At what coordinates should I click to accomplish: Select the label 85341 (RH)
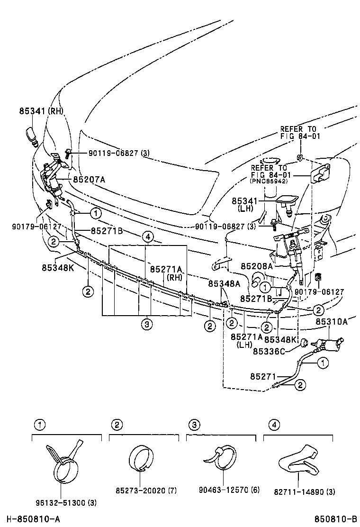pos(41,111)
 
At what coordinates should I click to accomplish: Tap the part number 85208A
pos(257,267)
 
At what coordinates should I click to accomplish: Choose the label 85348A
pos(224,283)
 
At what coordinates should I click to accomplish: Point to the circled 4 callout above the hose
pos(147,236)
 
